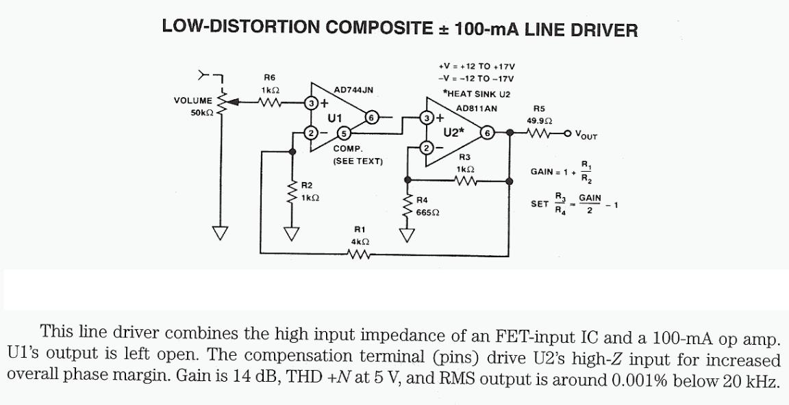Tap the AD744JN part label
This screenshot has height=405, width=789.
(353, 90)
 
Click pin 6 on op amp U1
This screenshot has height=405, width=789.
(371, 117)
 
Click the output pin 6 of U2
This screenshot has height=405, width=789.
(486, 133)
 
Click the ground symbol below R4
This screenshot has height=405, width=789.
(408, 235)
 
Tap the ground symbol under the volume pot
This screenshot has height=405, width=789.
(220, 233)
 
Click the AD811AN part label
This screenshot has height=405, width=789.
(477, 108)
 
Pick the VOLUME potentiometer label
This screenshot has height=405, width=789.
(193, 101)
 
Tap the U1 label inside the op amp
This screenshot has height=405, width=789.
(334, 118)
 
